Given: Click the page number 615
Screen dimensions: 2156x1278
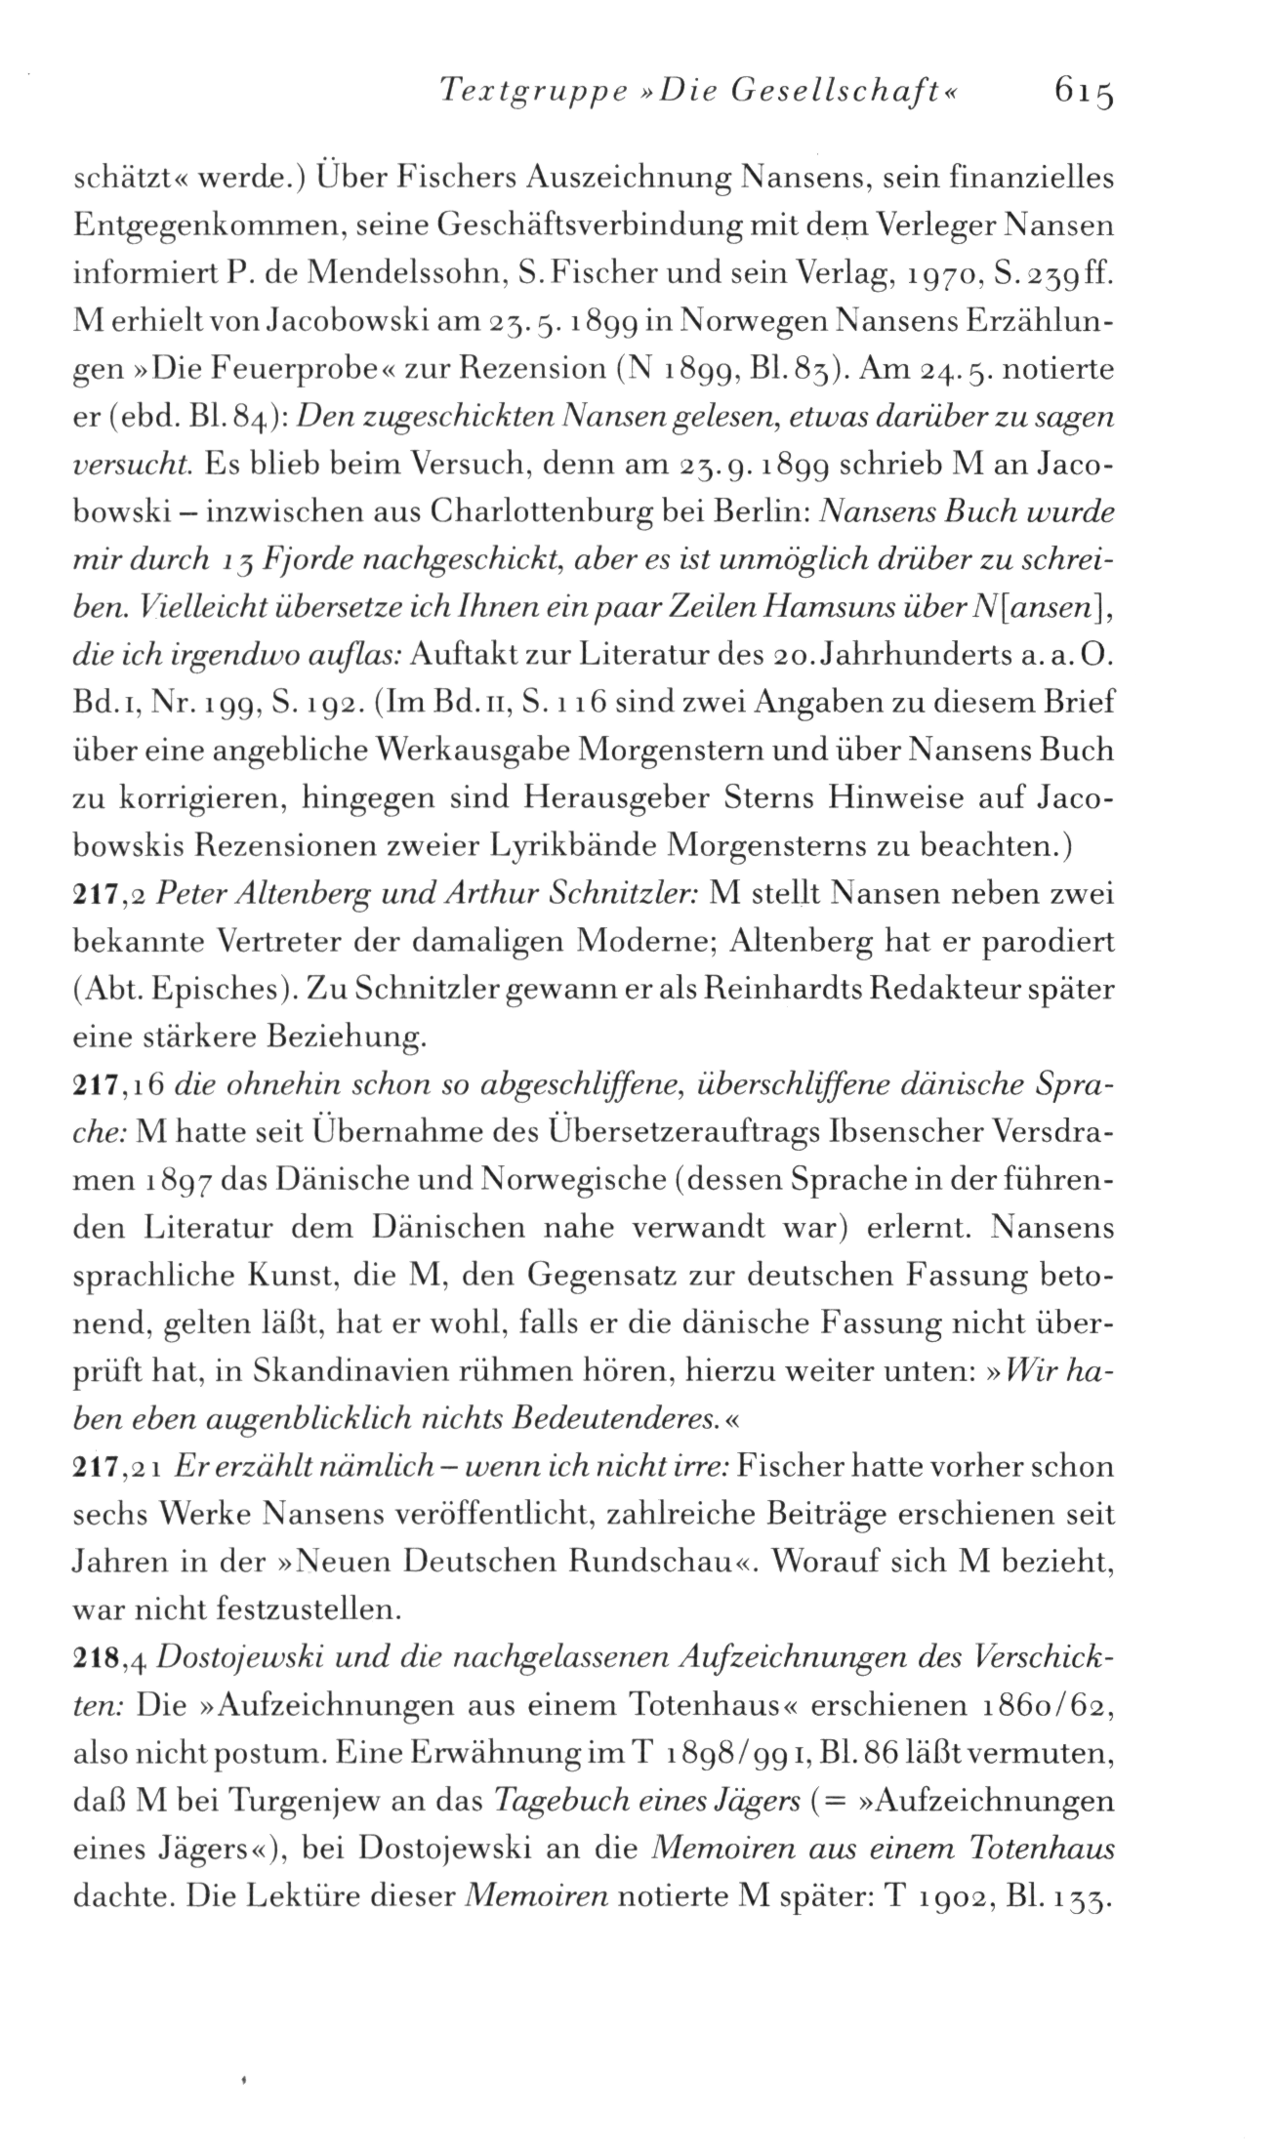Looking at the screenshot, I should (x=1083, y=95).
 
